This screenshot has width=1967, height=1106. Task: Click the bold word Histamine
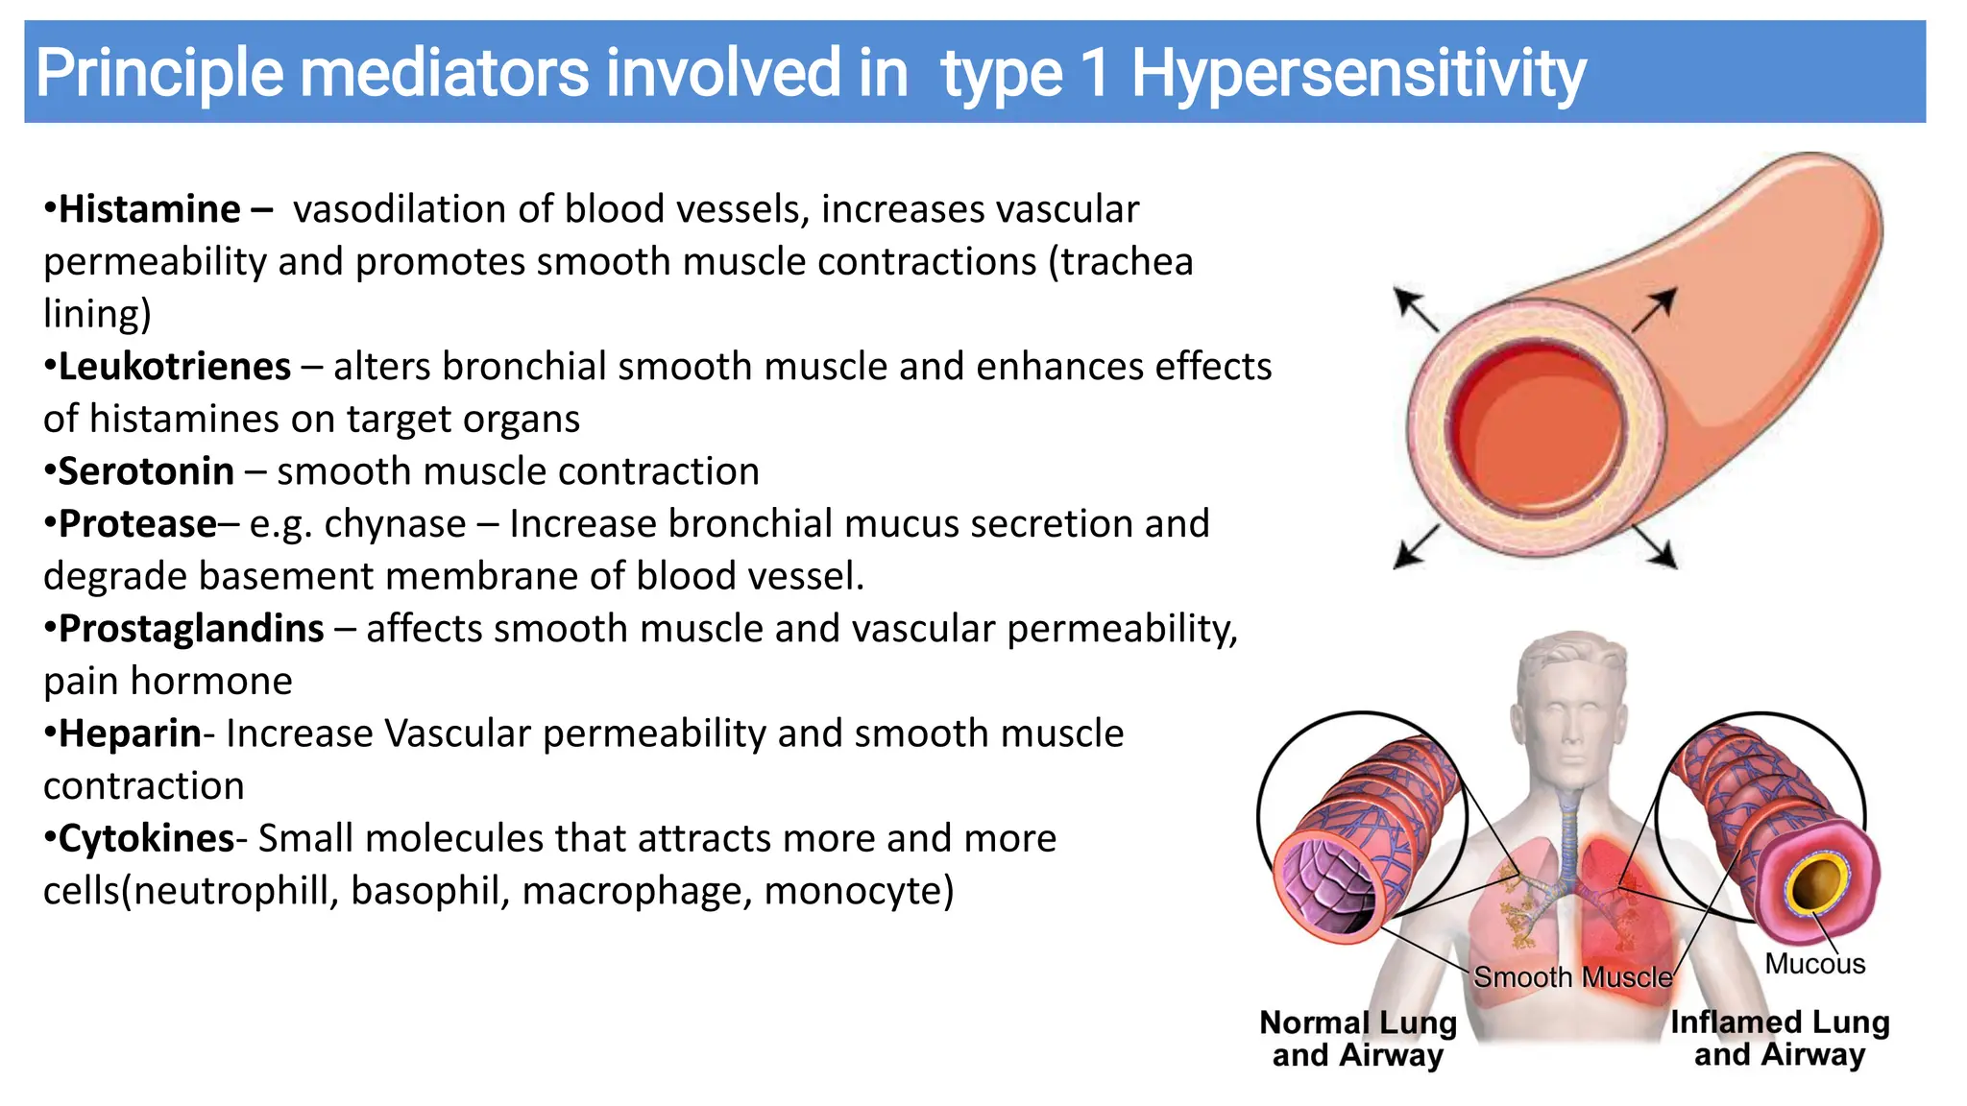coord(149,209)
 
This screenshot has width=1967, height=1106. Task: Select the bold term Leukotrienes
coord(174,367)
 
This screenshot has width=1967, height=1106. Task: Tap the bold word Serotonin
coord(146,471)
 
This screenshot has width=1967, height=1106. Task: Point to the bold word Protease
coord(137,524)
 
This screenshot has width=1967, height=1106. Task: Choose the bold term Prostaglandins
coord(190,629)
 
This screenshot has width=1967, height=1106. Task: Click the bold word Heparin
coord(130,733)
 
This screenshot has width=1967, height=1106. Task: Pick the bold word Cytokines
coord(146,838)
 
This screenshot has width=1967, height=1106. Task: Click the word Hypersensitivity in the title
coord(1358,73)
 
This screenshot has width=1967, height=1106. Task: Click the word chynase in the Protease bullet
coord(395,524)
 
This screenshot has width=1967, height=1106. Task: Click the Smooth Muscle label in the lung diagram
coord(1572,977)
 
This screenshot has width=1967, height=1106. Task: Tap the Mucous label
coord(1814,964)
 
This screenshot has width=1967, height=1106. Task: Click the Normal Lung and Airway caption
coord(1357,1039)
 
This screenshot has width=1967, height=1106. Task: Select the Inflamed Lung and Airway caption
coord(1779,1039)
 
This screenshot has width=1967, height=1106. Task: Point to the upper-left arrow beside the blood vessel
coord(1416,310)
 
